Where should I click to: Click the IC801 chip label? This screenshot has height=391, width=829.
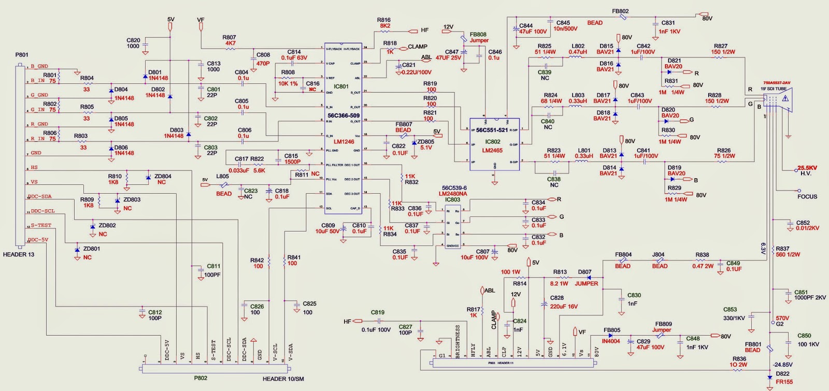[x=341, y=86]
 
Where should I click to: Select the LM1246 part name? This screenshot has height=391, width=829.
[x=344, y=141]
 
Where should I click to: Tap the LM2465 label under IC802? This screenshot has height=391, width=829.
[x=492, y=150]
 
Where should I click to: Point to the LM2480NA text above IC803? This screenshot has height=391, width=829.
[x=453, y=194]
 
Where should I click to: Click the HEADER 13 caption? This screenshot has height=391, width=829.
[x=19, y=254]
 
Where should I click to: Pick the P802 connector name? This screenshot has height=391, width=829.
[x=201, y=378]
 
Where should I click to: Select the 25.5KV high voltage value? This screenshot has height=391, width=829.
[x=807, y=168]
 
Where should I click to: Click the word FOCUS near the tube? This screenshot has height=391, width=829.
[x=807, y=197]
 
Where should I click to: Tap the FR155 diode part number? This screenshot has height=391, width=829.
[x=784, y=382]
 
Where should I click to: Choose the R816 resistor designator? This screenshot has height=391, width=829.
[x=384, y=20]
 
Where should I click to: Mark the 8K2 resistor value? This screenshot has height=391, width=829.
[x=385, y=26]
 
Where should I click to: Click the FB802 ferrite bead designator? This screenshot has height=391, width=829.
[x=620, y=11]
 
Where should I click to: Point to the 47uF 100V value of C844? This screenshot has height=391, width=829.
[x=533, y=32]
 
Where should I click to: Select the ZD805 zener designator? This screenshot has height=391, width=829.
[x=426, y=141]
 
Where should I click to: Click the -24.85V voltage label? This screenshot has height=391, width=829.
[x=783, y=365]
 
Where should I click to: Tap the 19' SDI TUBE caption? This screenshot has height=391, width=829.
[x=775, y=89]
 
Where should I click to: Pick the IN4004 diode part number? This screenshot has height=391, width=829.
[x=611, y=341]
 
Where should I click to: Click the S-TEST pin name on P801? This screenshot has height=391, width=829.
[x=41, y=225]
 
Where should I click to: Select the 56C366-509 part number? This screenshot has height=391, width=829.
[x=344, y=115]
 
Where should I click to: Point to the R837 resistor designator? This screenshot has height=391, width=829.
[x=782, y=249]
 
